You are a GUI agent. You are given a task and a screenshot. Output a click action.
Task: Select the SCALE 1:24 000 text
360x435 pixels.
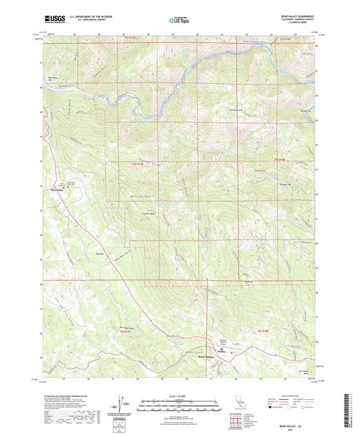179,395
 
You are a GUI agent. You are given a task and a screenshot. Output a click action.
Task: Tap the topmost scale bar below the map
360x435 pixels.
179,401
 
